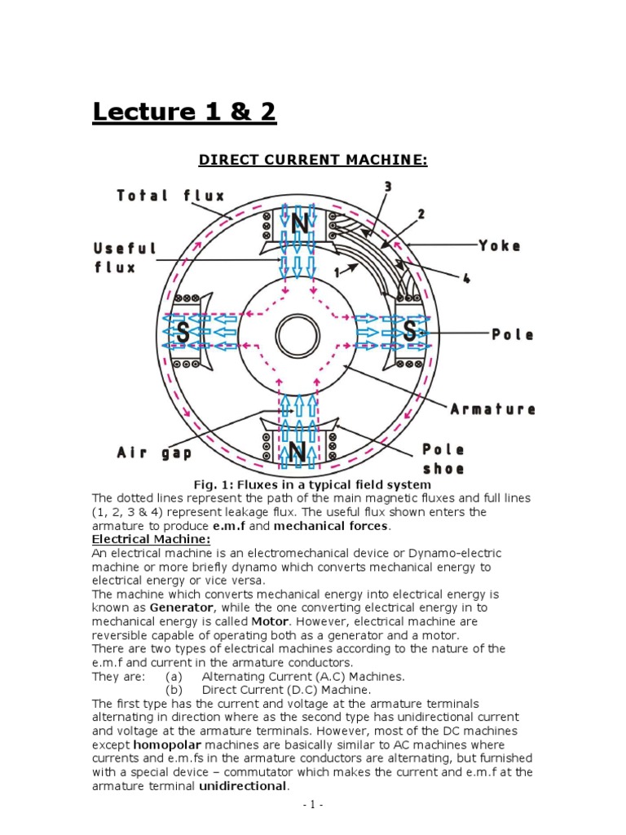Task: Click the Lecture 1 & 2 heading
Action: coord(184,112)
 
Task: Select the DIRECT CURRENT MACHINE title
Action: coord(313,160)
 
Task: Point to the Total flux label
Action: coord(170,196)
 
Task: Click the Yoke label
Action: coord(500,245)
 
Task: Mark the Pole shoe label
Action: coord(443,459)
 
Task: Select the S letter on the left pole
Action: coord(184,333)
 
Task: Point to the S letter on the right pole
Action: coord(410,333)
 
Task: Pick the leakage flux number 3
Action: coord(388,187)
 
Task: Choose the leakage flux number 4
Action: coord(466,278)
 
